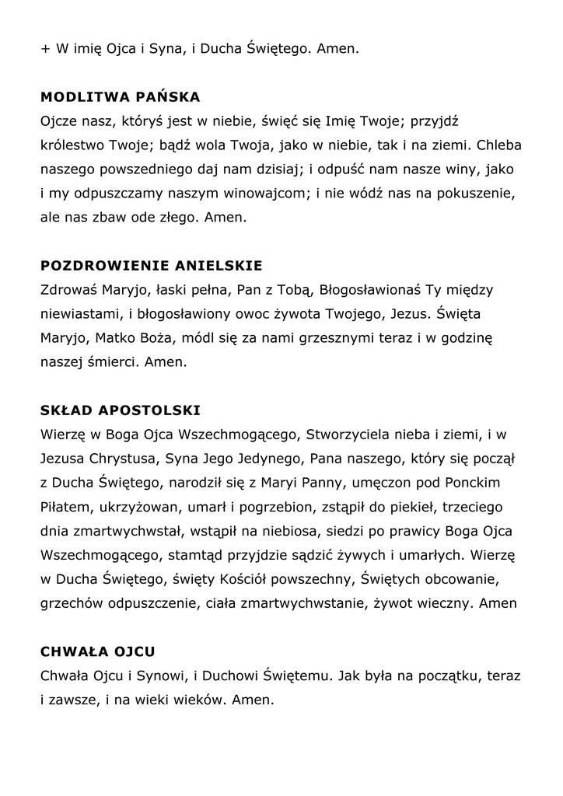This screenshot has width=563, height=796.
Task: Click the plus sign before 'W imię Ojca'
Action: click(44, 49)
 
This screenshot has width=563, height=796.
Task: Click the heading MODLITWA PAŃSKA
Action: click(120, 98)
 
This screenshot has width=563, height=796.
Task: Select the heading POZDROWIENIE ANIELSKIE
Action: click(151, 265)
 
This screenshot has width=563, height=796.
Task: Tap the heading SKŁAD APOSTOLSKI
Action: click(121, 409)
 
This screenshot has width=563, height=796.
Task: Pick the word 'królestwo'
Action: click(72, 145)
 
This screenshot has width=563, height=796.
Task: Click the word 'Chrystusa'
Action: click(129, 459)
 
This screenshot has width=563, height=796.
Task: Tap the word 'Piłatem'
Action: click(65, 507)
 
